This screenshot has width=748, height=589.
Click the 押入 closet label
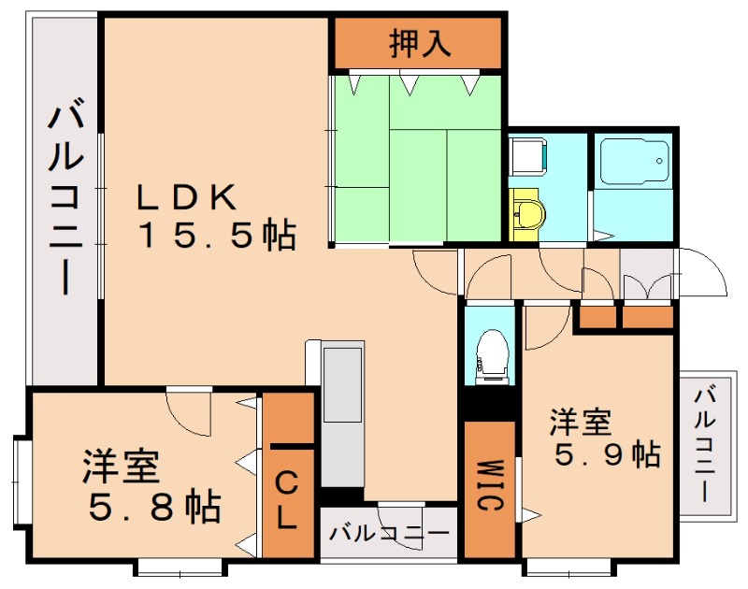pos(420,43)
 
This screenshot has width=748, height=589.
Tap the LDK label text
pos(186,197)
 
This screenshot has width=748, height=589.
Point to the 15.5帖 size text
pos(218,234)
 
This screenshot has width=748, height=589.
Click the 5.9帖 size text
pos(608,454)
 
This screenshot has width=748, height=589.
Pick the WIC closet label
pos(489,485)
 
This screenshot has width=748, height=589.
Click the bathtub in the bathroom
pos(634,161)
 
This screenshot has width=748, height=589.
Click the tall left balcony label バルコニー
pos(65,196)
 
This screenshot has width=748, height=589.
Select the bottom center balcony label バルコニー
pos(389,532)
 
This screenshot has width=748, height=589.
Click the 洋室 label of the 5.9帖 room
pos(580,422)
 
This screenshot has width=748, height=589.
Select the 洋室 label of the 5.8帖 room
pos(121,466)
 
